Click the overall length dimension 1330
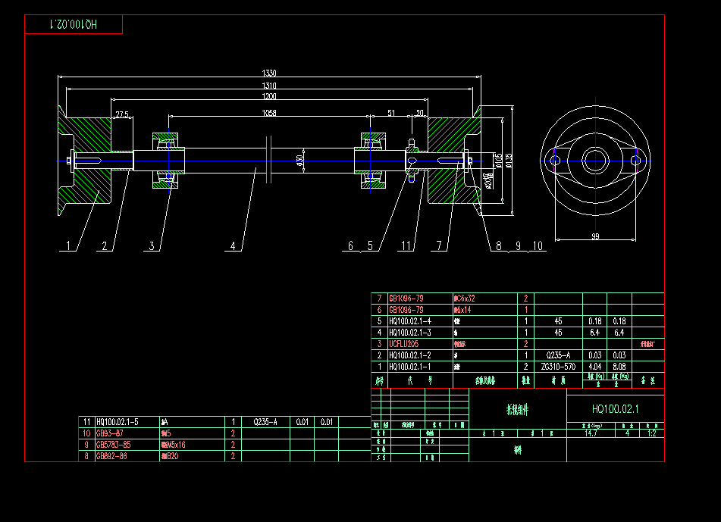(269, 73)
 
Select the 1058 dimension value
(269, 113)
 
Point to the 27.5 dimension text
(121, 114)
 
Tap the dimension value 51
(391, 113)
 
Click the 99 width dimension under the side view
(595, 237)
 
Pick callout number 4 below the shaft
(234, 245)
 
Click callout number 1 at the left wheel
(69, 245)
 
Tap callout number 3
(152, 245)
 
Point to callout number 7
(439, 245)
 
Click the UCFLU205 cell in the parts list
(403, 343)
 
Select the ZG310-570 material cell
(558, 366)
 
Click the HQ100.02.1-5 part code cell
(118, 421)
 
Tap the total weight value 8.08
(619, 366)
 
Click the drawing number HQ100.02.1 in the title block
(616, 409)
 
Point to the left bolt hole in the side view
(555, 161)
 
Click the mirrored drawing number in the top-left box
(74, 25)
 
